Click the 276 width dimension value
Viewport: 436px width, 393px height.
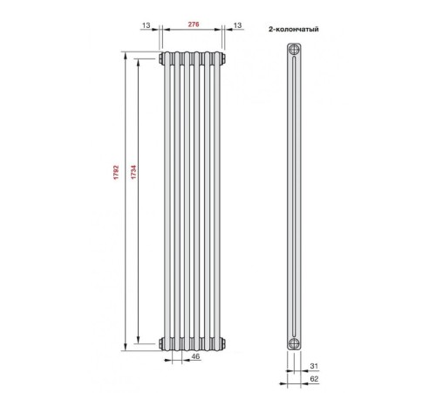[194, 24]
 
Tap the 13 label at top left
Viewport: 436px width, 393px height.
[146, 25]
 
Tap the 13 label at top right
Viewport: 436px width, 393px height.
[237, 25]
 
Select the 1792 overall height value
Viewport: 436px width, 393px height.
[116, 172]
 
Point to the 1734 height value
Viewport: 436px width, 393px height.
[133, 172]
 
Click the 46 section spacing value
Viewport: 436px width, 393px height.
[196, 356]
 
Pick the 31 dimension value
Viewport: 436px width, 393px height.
[314, 366]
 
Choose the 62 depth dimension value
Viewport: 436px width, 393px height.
[314, 379]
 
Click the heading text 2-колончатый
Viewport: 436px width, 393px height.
[294, 29]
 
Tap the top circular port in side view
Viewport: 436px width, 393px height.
[295, 50]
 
